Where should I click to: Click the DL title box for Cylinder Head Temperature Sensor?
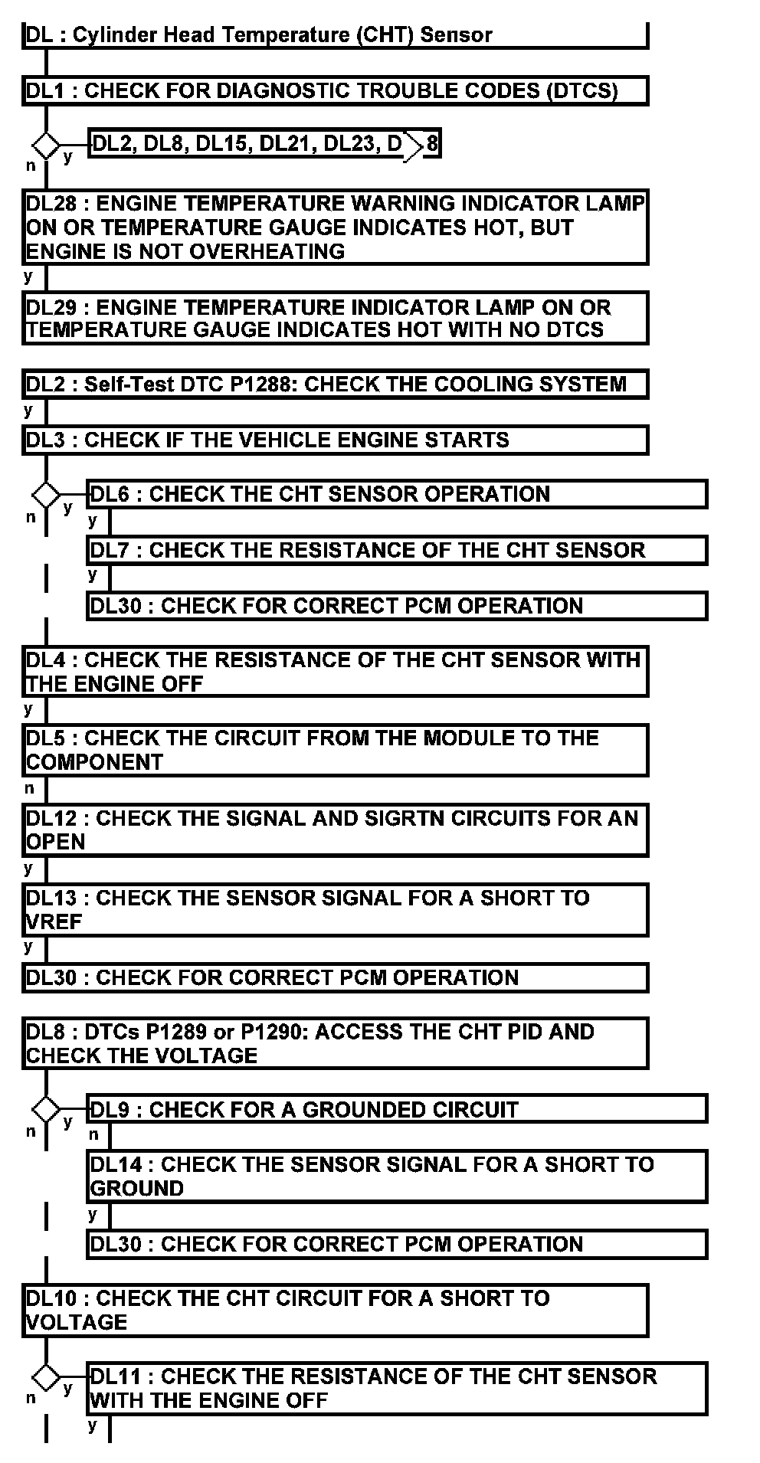point(335,35)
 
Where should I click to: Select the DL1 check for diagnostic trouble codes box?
point(335,90)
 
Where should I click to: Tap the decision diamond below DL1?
point(46,144)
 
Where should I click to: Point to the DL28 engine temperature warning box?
point(335,227)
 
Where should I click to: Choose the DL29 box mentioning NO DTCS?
point(335,319)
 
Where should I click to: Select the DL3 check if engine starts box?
point(335,440)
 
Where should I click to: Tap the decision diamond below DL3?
point(46,494)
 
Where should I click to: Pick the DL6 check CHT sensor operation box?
point(397,494)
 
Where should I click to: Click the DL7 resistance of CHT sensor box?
point(397,550)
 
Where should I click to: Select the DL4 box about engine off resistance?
point(335,671)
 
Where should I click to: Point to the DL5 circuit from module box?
point(335,750)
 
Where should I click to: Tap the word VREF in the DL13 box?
point(54,921)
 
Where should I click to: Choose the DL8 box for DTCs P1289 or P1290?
point(335,1043)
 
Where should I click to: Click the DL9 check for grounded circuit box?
point(397,1109)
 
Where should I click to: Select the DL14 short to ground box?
point(397,1176)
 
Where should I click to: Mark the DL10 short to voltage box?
point(335,1311)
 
